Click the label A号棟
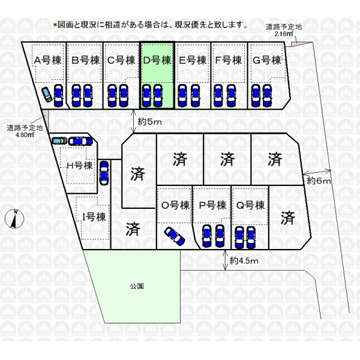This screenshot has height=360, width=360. pyautogui.click(x=48, y=61)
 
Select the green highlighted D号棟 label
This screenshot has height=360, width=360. pyautogui.click(x=157, y=61)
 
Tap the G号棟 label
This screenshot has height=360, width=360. pyautogui.click(x=267, y=61)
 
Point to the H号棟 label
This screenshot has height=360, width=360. pyautogui.click(x=79, y=166)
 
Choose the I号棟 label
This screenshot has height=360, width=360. pyautogui.click(x=94, y=217)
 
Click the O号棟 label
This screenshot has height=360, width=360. pyautogui.click(x=176, y=205)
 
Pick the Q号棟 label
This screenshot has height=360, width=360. pyautogui.click(x=250, y=205)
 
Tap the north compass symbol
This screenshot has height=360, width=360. pyautogui.click(x=14, y=219)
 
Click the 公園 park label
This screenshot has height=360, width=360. pyautogui.click(x=137, y=286)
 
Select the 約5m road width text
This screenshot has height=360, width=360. pyautogui.click(x=149, y=122)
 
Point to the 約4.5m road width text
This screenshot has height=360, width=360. pyautogui.click(x=244, y=260)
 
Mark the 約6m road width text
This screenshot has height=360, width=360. pyautogui.click(x=319, y=181)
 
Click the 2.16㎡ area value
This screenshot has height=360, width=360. pyautogui.click(x=284, y=34)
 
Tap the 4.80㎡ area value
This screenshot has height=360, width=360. pyautogui.click(x=25, y=135)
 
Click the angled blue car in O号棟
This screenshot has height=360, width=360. pyautogui.click(x=175, y=236)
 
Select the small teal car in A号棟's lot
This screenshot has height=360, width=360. pyautogui.click(x=47, y=95)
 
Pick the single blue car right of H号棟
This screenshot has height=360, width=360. pyautogui.click(x=104, y=173)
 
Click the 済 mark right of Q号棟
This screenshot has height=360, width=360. pyautogui.click(x=287, y=218)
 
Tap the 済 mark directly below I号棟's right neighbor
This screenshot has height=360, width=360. pyautogui.click(x=133, y=229)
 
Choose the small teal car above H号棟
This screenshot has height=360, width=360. pyautogui.click(x=59, y=140)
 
